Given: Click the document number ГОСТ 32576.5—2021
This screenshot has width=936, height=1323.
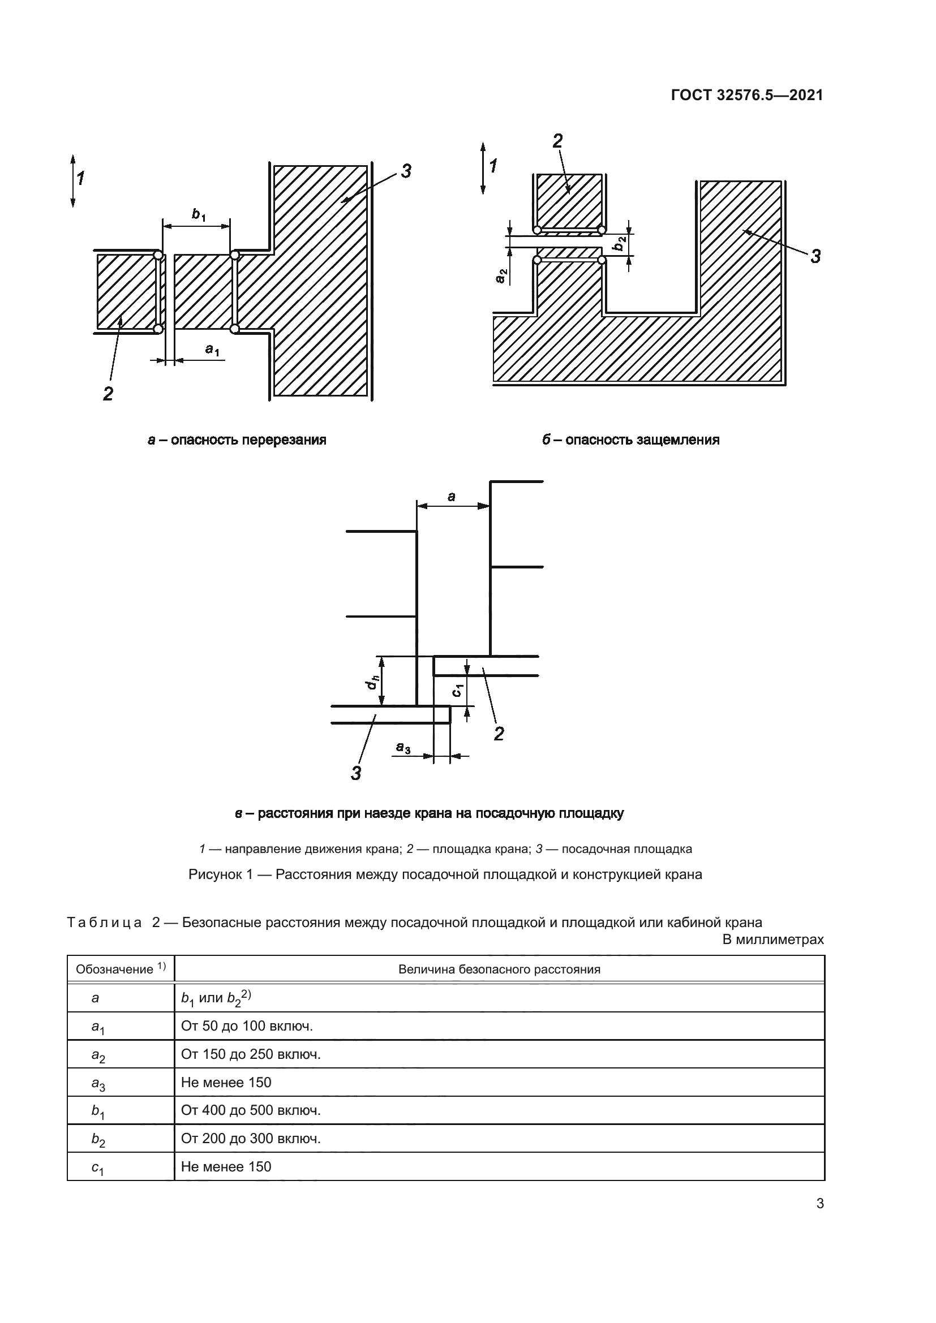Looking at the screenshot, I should (x=747, y=96).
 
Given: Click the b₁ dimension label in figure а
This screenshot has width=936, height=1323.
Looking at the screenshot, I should (x=199, y=216).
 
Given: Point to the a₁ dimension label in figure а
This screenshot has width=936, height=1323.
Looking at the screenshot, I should (x=212, y=350).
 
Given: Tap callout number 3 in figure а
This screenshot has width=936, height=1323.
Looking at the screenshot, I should (x=406, y=171).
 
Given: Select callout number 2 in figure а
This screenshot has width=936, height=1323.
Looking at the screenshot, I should (x=108, y=394).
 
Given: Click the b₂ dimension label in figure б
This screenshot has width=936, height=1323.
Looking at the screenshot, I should (x=619, y=244).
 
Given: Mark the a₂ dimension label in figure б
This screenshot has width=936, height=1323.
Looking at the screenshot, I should (x=501, y=277).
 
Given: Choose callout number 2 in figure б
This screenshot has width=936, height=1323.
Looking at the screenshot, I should (x=557, y=141).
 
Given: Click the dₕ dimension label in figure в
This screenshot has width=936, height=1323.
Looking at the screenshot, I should (x=372, y=683).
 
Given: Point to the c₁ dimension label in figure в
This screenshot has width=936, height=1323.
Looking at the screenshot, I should (x=457, y=689).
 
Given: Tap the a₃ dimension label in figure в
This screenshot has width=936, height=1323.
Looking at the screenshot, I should (x=403, y=748).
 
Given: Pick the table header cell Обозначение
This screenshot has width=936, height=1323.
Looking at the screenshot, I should (x=115, y=970).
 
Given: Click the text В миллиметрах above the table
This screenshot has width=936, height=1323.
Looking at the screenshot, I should (x=773, y=940).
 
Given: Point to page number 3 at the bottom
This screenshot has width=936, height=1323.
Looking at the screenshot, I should (x=820, y=1204).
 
